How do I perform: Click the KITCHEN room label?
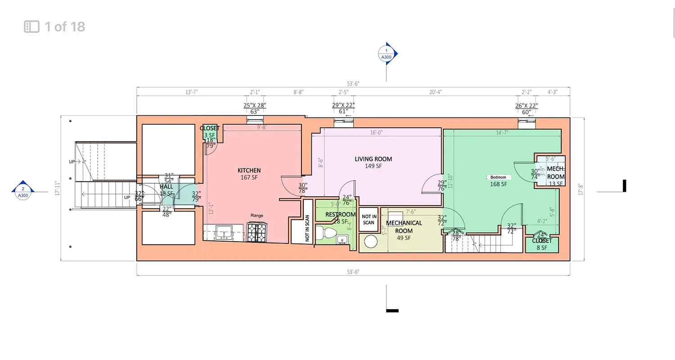pos(249,171)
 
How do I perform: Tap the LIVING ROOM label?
pos(373,159)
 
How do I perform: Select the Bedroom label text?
pos(498,177)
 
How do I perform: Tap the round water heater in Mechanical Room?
pos(370,242)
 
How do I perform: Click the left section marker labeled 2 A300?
pos(23,192)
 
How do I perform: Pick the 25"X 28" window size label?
pos(255,106)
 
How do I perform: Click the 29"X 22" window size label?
pos(343,105)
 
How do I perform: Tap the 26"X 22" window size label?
pos(526,106)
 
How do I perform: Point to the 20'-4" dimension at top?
pos(435,92)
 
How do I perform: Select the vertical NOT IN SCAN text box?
pos(307,228)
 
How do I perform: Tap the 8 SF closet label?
pos(542,247)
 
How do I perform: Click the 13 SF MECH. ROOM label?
pos(556,184)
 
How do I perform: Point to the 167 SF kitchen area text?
pos(249,178)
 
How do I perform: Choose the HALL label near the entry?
pos(166,187)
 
